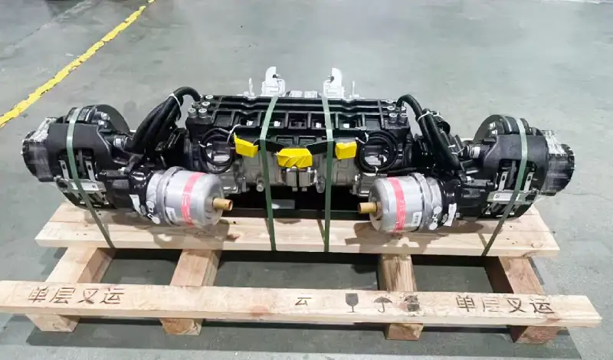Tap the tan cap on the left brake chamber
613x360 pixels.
point(222,204)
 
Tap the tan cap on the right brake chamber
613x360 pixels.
point(368,207)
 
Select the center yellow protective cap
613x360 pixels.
point(294,159)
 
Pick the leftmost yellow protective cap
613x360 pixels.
point(246,146)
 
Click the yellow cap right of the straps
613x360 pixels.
point(345,149)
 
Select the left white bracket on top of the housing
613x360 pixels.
point(273,82)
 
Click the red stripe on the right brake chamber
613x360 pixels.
point(399,203)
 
